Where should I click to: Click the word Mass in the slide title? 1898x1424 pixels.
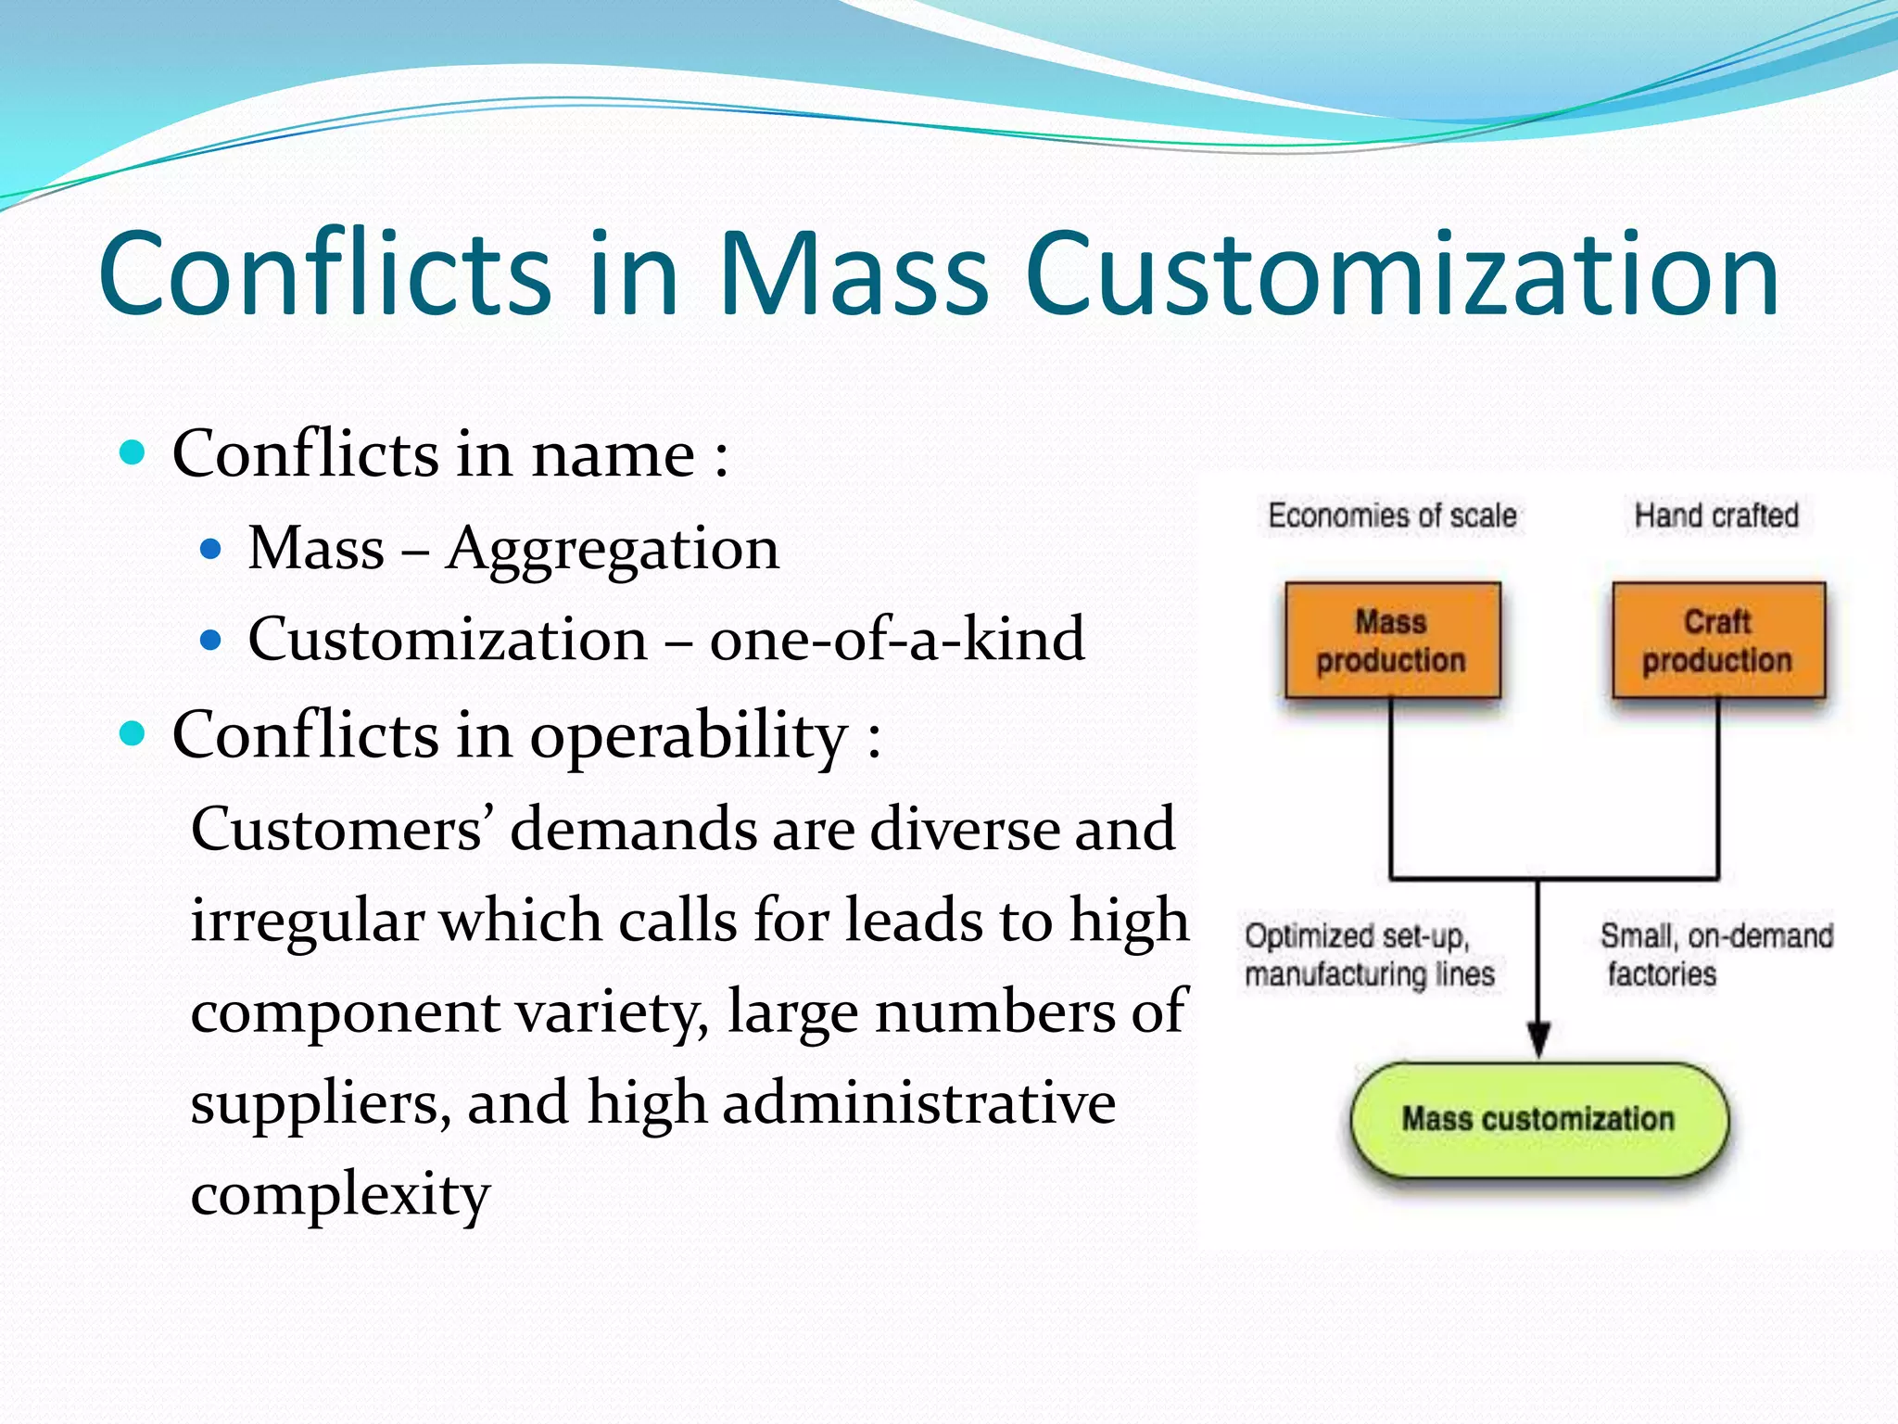tap(853, 274)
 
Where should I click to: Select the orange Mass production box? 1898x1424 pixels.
tap(1392, 640)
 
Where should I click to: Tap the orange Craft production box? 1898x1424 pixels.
tap(1718, 640)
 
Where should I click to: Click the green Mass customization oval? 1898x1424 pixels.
tap(1538, 1119)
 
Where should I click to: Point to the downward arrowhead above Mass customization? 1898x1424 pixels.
tap(1538, 1038)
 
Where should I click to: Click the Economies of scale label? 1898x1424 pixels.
tap(1392, 515)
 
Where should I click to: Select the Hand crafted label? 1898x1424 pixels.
tap(1716, 515)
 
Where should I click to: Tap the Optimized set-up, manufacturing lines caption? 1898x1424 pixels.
tap(1369, 955)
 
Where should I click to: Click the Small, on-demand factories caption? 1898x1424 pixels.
tap(1715, 955)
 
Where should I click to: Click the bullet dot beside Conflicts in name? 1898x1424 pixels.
tap(133, 453)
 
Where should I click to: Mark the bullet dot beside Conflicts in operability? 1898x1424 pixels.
tap(133, 734)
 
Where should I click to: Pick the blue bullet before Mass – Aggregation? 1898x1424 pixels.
tap(211, 549)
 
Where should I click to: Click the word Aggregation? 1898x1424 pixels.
tap(612, 549)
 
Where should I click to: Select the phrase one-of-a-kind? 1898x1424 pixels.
tap(897, 640)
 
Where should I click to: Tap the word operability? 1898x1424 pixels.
tap(690, 736)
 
